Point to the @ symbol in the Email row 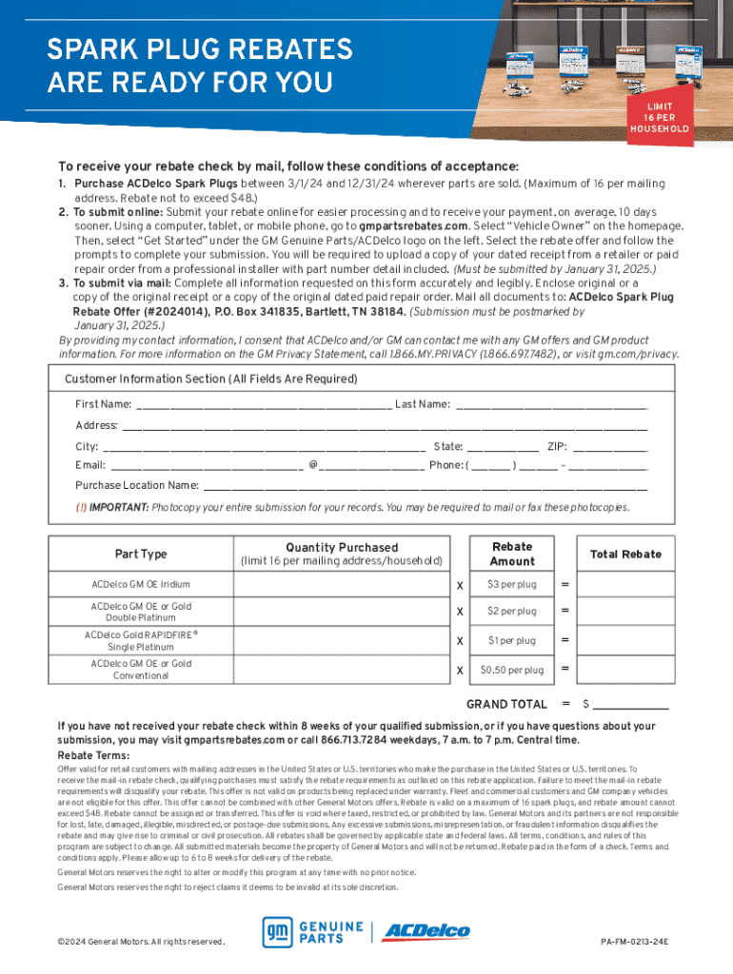313,466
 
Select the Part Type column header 141,555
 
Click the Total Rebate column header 625,555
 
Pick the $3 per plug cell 511,584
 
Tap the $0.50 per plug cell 511,670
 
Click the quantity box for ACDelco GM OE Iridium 337,584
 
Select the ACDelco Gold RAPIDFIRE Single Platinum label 141,640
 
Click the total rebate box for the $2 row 625,612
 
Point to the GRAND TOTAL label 506,705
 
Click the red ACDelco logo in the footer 426,933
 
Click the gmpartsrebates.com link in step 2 414,226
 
